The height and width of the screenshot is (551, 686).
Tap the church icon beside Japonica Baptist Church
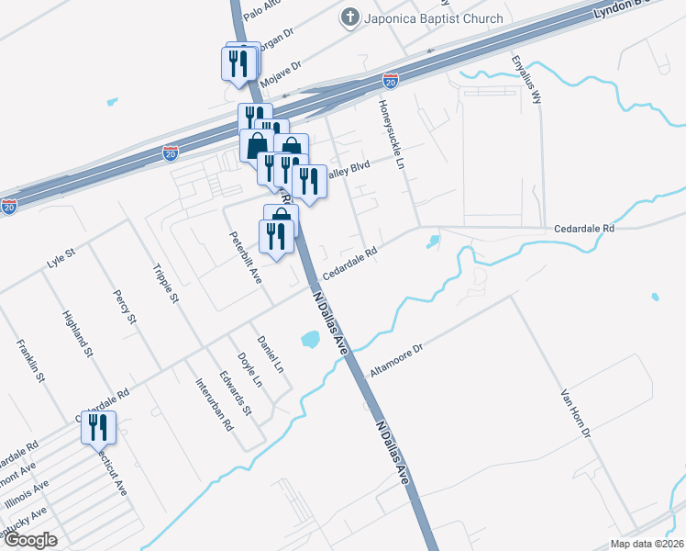(x=349, y=17)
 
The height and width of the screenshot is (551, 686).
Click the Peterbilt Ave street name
(x=247, y=257)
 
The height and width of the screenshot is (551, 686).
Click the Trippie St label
(x=166, y=285)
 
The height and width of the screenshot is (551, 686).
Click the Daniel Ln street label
(x=271, y=354)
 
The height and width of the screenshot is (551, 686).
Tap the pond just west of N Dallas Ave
(x=310, y=340)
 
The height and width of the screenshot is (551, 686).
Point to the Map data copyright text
(x=646, y=543)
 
